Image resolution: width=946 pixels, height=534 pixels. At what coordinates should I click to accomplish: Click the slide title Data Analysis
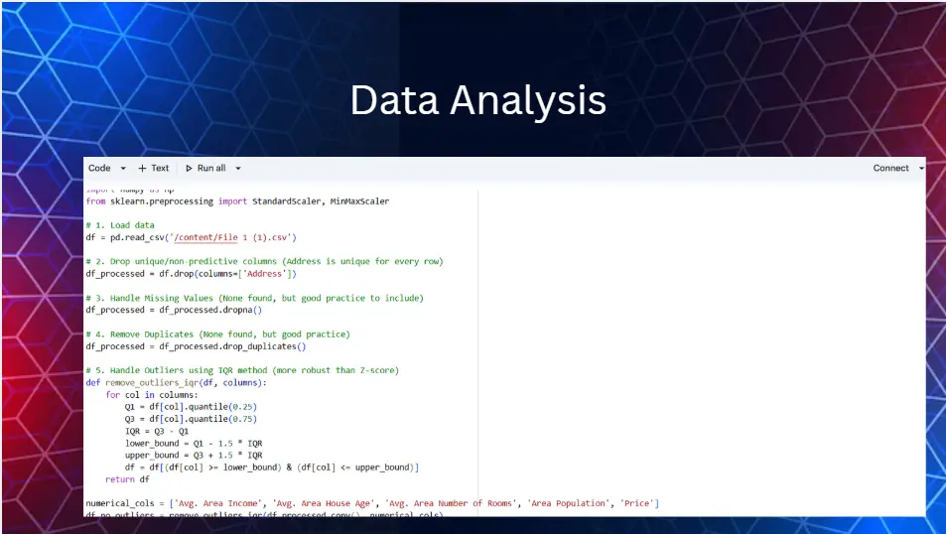click(477, 101)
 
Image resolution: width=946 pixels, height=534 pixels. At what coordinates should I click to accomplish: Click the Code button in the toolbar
click(99, 169)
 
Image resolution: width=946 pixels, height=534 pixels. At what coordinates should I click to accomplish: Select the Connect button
click(890, 169)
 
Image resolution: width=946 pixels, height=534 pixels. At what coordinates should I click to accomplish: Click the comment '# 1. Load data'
click(120, 225)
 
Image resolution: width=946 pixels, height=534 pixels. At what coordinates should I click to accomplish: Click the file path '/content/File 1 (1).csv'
click(236, 237)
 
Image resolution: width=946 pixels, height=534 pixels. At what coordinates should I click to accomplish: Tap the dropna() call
click(238, 310)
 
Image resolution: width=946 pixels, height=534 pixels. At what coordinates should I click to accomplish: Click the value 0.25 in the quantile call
click(244, 407)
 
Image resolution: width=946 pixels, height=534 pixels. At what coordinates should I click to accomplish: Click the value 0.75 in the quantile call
click(244, 419)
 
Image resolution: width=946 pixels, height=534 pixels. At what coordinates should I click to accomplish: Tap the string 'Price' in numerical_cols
click(637, 504)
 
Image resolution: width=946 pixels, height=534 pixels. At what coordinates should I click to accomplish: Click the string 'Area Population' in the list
click(569, 504)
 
